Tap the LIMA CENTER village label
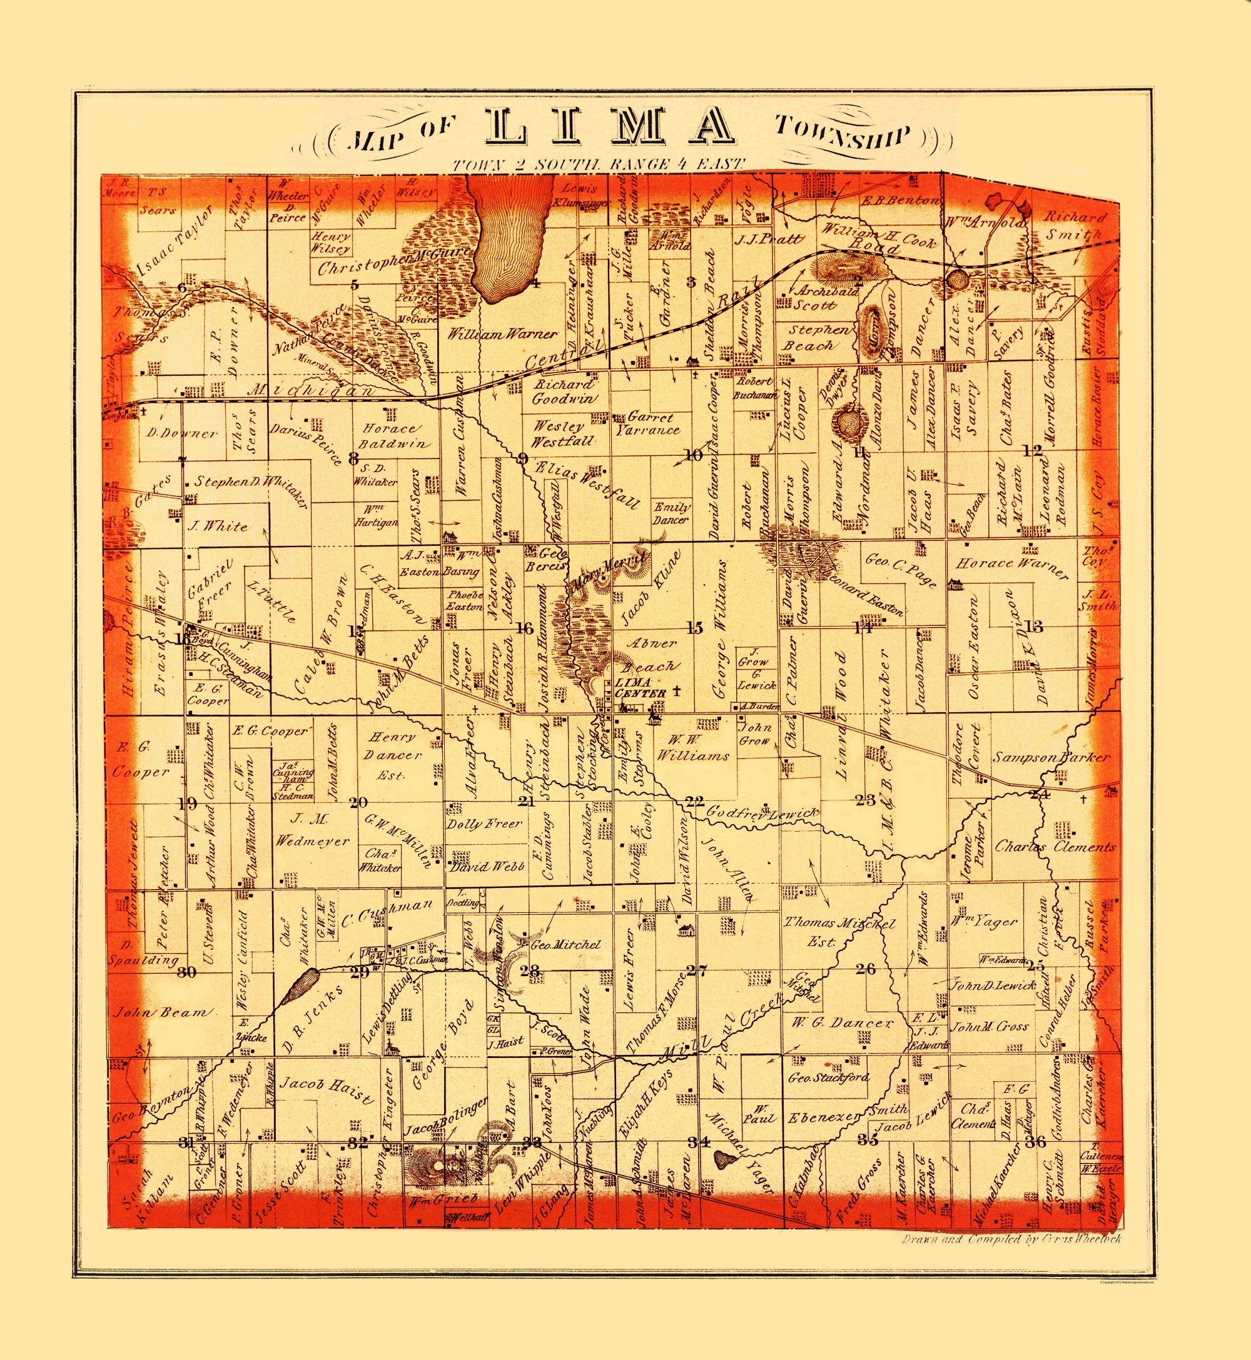(632, 687)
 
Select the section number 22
(694, 801)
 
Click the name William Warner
(502, 333)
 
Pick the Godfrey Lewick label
(763, 814)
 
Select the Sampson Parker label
(1051, 757)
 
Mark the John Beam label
(163, 1012)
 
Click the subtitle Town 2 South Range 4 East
(599, 164)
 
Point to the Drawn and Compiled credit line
(1011, 1239)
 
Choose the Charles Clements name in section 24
(1055, 847)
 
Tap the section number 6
(181, 287)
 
